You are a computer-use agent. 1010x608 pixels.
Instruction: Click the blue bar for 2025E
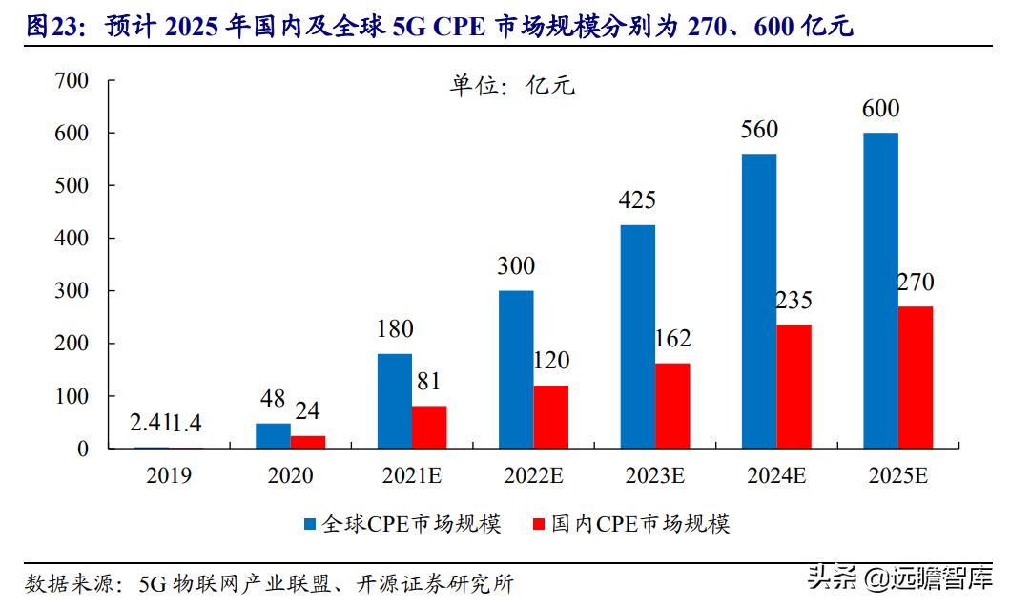[x=880, y=290]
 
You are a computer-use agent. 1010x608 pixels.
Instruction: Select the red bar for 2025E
[x=915, y=377]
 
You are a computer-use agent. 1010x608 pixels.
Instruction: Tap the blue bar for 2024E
[x=758, y=301]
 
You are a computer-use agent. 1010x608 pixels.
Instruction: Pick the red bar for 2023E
[x=671, y=406]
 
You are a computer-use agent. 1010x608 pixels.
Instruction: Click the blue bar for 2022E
[x=516, y=368]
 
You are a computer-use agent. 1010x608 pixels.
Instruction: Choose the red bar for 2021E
[x=429, y=427]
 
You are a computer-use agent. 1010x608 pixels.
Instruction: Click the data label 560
[x=758, y=130]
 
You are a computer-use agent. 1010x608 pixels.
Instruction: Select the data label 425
[x=637, y=201]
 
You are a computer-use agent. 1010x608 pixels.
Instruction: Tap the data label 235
[x=793, y=301]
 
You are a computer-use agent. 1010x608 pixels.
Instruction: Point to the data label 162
[x=671, y=339]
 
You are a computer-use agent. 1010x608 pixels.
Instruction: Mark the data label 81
[x=429, y=382]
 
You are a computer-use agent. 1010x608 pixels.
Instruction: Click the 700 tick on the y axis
[x=72, y=81]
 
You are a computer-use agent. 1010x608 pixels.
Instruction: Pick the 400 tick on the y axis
[x=72, y=239]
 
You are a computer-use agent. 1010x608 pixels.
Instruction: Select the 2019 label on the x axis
[x=169, y=475]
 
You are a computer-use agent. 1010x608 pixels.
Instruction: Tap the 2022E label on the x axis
[x=532, y=475]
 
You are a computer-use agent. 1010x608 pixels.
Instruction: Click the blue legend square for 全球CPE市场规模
[x=310, y=524]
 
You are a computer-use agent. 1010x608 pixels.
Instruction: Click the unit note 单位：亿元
[x=512, y=86]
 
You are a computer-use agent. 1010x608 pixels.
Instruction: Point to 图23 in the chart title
[x=49, y=27]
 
